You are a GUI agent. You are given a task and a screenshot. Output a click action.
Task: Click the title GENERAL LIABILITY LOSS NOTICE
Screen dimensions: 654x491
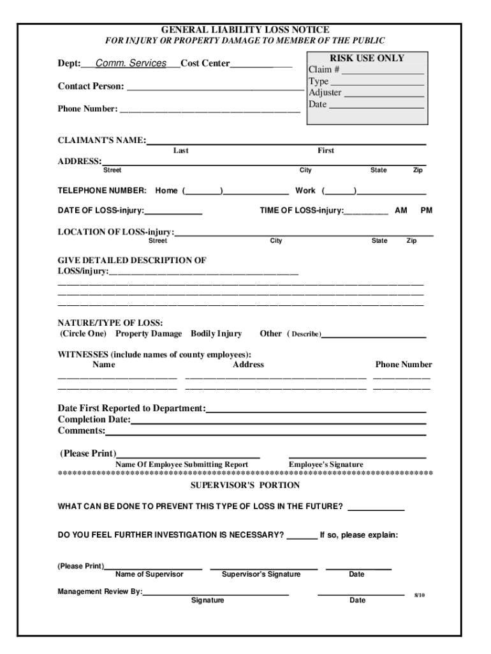click(x=245, y=29)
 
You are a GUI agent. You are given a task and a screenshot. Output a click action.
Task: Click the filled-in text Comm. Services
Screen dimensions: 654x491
click(x=131, y=64)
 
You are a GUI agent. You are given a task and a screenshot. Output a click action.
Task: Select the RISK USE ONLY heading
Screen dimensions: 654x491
click(x=367, y=58)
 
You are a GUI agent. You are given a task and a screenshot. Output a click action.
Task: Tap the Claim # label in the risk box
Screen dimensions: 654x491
click(x=324, y=70)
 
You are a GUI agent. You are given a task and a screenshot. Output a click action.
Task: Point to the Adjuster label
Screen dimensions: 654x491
click(x=325, y=93)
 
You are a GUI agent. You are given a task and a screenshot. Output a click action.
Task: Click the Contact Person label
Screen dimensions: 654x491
click(x=91, y=86)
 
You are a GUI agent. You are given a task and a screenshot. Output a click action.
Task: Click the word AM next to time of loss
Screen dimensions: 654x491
click(x=401, y=210)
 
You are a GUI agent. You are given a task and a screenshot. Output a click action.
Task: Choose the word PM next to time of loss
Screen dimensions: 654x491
click(x=426, y=210)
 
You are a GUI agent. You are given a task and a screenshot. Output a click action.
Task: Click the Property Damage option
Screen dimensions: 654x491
click(x=149, y=333)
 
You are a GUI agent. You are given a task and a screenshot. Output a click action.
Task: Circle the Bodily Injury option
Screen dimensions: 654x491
click(x=216, y=333)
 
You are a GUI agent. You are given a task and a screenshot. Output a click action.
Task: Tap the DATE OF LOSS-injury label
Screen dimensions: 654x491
click(x=101, y=210)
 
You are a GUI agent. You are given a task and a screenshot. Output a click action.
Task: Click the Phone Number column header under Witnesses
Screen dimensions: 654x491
click(x=403, y=365)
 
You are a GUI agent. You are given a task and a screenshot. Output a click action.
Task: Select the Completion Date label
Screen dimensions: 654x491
click(x=94, y=420)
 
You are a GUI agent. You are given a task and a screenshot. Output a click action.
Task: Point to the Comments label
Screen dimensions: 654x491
click(x=82, y=431)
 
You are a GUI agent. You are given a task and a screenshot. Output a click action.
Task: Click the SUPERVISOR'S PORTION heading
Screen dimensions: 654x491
click(x=246, y=485)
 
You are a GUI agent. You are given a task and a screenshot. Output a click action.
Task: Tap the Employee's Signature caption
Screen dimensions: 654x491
click(x=326, y=464)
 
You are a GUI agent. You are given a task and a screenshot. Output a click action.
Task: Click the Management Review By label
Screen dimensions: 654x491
click(x=100, y=591)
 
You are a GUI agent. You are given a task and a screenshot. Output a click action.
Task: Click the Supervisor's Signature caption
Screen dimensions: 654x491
click(x=261, y=574)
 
